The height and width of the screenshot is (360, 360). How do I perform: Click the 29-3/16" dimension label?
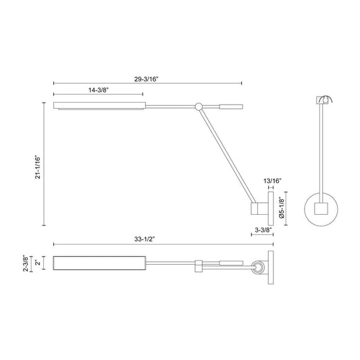pyautogui.click(x=147, y=79)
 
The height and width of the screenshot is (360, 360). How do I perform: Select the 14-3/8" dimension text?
pyautogui.click(x=98, y=90)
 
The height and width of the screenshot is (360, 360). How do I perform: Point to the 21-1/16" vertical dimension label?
pyautogui.click(x=38, y=167)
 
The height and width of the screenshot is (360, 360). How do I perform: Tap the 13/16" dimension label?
pyautogui.click(x=272, y=181)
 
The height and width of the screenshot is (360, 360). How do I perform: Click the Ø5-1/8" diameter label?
pyautogui.click(x=282, y=208)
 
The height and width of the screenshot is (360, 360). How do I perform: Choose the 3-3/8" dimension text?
pyautogui.click(x=263, y=230)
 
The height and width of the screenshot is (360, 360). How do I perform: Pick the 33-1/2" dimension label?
pyautogui.click(x=145, y=239)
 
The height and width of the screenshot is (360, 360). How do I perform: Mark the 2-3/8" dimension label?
pyautogui.click(x=26, y=263)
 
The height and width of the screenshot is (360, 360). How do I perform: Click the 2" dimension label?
pyautogui.click(x=38, y=262)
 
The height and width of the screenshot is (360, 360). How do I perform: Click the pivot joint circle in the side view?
pyautogui.click(x=199, y=106)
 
